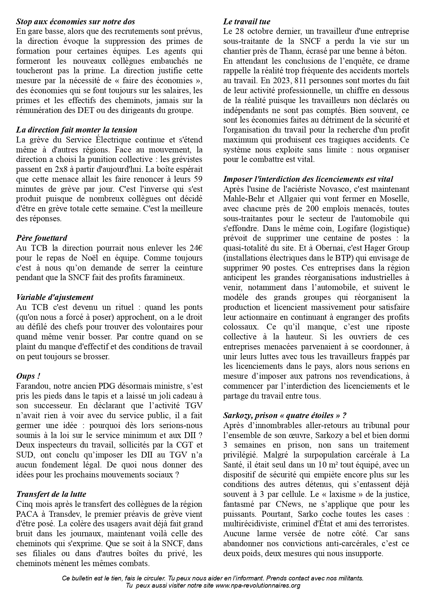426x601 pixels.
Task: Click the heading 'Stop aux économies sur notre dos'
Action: tap(75, 22)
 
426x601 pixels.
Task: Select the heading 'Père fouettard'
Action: tap(42, 238)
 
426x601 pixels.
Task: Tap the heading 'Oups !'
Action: tap(26, 376)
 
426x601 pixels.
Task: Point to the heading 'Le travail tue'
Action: tap(247, 22)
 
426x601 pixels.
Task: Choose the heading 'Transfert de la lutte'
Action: tap(51, 494)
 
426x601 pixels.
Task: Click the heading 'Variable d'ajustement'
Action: tap(55, 297)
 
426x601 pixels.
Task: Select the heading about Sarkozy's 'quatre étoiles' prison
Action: tap(285, 415)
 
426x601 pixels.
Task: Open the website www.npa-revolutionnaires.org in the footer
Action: tap(258, 585)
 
